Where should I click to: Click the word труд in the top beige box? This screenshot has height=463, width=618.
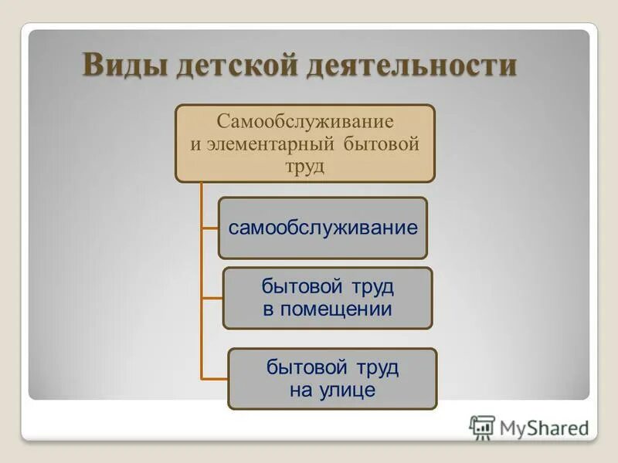pos(305,166)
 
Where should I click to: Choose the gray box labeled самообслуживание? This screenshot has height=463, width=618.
pos(322,228)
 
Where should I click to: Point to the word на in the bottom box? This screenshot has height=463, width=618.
pos(301,390)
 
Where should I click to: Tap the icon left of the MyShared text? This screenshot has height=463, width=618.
pos(482,427)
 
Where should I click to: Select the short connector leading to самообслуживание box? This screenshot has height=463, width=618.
pos(209,228)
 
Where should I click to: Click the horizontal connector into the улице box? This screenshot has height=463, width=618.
pos(214,379)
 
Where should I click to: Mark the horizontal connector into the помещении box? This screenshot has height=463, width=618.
pos(212,299)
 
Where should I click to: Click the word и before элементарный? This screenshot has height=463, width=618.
pos(196,144)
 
